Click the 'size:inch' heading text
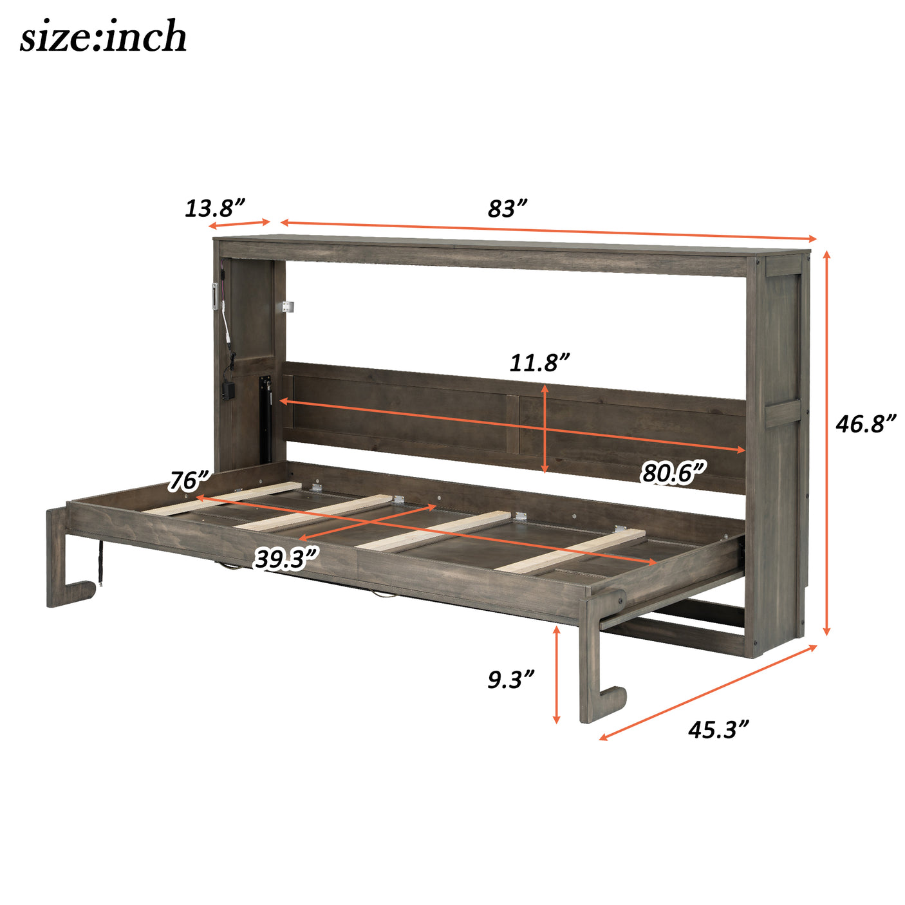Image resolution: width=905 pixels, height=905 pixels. coord(103,37)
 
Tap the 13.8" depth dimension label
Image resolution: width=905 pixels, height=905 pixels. coord(215,208)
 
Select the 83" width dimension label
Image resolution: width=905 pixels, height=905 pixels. coord(507,209)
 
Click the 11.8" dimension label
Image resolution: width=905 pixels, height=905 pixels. coord(539,362)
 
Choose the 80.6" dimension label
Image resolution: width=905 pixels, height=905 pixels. coord(673,473)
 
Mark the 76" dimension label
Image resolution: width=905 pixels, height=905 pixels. coord(189,480)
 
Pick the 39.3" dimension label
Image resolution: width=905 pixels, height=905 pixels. coord(286,558)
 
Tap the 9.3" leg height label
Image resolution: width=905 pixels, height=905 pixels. coord(510,679)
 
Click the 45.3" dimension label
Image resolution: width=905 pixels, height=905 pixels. coord(718,729)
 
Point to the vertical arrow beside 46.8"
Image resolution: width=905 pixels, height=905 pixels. coord(827,443)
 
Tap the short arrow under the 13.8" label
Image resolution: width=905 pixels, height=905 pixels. coord(239,224)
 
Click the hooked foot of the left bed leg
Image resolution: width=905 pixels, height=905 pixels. coord(77,591)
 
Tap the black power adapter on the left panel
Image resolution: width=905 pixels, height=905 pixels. coord(227,391)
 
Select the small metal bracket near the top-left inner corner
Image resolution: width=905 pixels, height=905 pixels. coord(287,307)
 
